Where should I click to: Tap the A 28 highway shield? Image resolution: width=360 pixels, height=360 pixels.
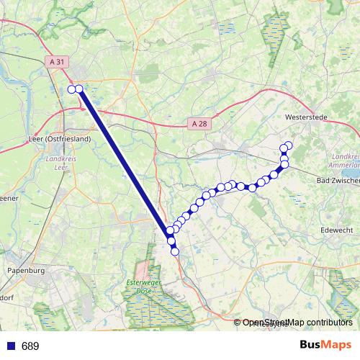click(x=199, y=124)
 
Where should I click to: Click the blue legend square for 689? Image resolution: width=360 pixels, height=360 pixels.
click(x=11, y=346)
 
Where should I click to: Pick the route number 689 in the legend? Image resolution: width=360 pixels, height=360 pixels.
click(x=30, y=346)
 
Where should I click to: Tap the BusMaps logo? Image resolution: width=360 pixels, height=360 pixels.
click(x=325, y=345)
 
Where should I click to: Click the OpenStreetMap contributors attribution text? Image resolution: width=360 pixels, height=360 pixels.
click(x=297, y=323)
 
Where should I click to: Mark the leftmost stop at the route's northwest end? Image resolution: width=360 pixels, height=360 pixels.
click(x=71, y=89)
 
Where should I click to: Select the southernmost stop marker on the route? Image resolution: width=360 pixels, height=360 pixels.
click(x=174, y=251)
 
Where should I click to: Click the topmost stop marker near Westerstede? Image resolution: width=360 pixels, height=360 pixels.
click(x=289, y=145)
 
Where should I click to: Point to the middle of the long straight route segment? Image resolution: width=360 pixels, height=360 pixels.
click(x=125, y=160)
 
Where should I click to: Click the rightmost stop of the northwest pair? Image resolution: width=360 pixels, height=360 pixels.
click(x=78, y=89)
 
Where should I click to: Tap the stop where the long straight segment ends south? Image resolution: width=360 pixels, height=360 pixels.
click(x=171, y=231)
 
